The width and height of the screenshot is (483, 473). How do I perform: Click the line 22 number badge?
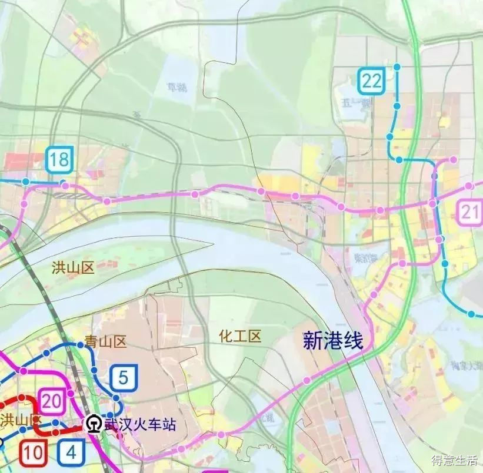point(371,81)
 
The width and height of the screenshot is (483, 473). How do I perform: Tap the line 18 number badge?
point(60,159)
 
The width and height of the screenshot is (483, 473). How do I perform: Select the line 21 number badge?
point(471,213)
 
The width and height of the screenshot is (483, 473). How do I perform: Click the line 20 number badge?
point(52,402)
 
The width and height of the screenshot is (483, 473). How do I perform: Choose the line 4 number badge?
point(71,452)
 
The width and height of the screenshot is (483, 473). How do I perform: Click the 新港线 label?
point(333,341)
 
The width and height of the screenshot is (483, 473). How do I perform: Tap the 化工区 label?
point(239,336)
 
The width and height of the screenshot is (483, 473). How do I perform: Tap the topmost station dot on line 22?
point(397,68)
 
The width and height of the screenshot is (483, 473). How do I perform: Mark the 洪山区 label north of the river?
point(73,269)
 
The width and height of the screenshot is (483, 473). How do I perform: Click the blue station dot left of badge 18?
point(26,182)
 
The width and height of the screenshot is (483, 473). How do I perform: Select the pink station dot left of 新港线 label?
point(307,381)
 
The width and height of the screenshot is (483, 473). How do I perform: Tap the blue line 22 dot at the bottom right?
point(471,314)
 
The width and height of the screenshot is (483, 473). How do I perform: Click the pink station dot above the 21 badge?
point(469,186)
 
